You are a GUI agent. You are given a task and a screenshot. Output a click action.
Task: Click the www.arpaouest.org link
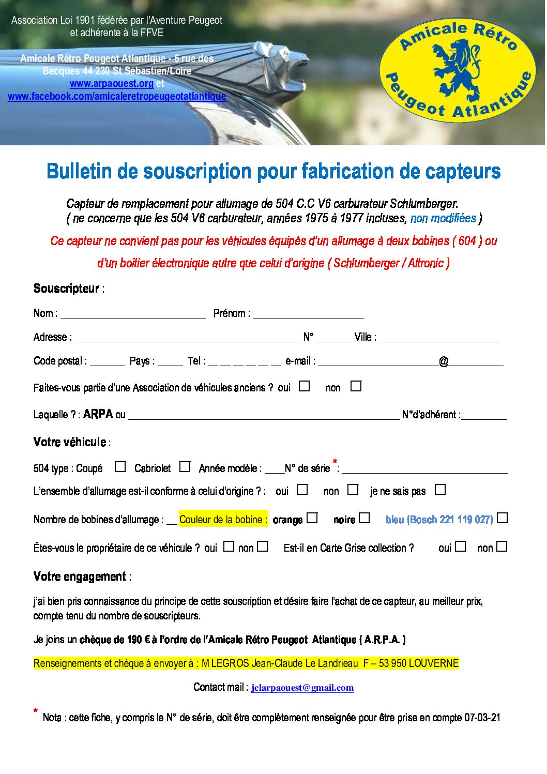point(111,84)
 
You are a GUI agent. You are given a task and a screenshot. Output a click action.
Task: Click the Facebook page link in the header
point(117,96)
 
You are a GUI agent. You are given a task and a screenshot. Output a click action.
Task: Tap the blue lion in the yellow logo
point(455,67)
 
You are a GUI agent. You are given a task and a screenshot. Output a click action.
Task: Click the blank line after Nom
point(133,314)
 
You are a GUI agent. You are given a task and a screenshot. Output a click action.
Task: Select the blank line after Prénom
point(308,314)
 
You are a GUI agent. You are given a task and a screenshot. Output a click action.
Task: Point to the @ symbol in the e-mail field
point(444,361)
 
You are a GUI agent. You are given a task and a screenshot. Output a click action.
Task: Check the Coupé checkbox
point(120,467)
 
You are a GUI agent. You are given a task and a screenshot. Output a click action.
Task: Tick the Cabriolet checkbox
point(185,467)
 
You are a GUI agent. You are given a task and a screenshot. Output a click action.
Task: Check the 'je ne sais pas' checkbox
point(440,490)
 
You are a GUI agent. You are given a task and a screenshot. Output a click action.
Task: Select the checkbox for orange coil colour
point(312,518)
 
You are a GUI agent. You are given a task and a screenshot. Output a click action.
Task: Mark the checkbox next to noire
point(364,518)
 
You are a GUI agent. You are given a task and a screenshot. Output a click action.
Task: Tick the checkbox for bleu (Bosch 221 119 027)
point(502,518)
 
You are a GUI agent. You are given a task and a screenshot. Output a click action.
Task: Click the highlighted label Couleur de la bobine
point(223,520)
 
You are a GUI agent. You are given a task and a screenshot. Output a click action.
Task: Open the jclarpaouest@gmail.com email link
point(302,688)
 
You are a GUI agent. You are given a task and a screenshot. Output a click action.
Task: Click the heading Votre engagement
point(80,577)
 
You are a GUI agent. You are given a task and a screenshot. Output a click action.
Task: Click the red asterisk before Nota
point(36,712)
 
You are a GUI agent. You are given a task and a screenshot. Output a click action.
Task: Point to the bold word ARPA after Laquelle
point(98,414)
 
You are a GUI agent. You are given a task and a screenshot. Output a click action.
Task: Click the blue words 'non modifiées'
point(443,219)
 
